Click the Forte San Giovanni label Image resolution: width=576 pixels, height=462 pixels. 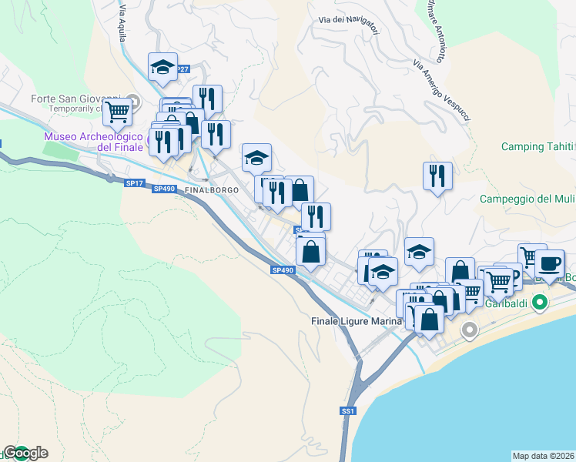tap(75, 99)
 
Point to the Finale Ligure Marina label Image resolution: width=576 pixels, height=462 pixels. tap(357, 320)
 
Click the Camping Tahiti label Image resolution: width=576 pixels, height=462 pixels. tap(537, 147)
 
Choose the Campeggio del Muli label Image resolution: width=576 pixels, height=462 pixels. tap(527, 199)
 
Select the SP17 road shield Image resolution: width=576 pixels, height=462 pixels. tap(134, 182)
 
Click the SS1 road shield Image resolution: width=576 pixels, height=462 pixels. tap(348, 412)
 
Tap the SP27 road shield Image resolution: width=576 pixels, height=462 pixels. tap(182, 69)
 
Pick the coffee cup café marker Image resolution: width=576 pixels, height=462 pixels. tap(549, 263)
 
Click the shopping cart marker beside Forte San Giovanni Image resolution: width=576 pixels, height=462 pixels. tap(117, 112)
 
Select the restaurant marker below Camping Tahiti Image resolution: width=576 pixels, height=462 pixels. tap(437, 176)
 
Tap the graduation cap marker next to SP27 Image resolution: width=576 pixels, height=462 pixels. tap(163, 67)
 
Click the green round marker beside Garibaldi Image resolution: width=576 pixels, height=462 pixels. tap(540, 301)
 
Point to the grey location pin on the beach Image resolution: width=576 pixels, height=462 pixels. tap(469, 331)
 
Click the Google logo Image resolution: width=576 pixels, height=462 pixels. tap(25, 453)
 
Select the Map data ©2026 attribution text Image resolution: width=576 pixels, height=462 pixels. tap(543, 455)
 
